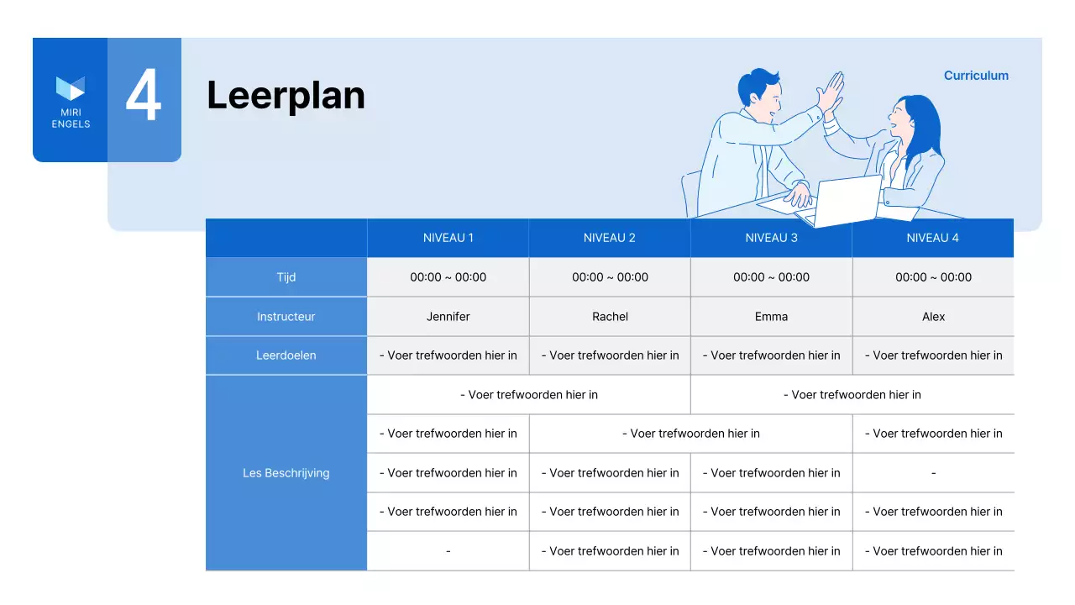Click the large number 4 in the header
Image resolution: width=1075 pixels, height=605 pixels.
(x=144, y=97)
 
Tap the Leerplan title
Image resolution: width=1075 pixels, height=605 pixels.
(x=286, y=95)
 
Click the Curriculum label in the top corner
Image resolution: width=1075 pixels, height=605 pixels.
(x=976, y=76)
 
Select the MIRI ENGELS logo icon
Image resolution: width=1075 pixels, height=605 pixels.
(x=71, y=87)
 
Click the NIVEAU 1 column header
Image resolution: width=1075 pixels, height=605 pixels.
(x=448, y=238)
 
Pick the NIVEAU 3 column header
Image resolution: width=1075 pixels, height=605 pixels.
(x=771, y=238)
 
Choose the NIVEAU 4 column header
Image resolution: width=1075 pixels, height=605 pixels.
(x=932, y=238)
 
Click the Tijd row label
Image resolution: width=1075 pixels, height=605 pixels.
(x=286, y=277)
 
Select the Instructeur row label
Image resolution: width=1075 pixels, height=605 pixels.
(x=286, y=317)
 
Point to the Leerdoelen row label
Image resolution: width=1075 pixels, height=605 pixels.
(x=286, y=355)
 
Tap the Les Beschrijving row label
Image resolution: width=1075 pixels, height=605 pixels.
(x=286, y=473)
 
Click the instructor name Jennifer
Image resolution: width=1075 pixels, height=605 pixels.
(x=448, y=317)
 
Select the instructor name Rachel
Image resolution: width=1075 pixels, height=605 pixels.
(x=610, y=317)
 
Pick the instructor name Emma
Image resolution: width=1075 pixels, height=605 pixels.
(x=771, y=317)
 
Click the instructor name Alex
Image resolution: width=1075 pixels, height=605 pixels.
(x=933, y=317)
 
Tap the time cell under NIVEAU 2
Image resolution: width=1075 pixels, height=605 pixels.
(x=610, y=277)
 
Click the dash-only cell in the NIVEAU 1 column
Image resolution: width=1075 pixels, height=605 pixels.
(x=448, y=551)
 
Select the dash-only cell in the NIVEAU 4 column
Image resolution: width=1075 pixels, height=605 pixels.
(x=933, y=473)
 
